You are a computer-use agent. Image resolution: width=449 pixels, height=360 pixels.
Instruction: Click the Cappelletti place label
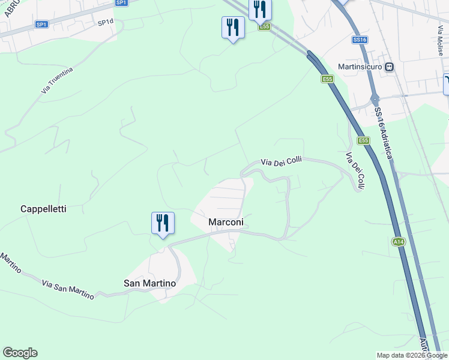[43, 209]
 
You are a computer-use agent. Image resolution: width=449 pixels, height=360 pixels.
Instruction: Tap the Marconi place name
[226, 223]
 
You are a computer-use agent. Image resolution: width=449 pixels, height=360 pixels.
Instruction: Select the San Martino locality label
[149, 283]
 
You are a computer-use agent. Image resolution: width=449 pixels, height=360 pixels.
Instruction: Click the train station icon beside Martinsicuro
[390, 67]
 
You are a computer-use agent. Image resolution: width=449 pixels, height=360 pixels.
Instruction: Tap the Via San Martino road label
[68, 289]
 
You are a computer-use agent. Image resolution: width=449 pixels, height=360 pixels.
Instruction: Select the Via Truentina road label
[57, 80]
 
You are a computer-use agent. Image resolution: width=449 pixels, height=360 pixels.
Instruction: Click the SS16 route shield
[360, 39]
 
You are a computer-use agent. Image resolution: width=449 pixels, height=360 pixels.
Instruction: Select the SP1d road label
[105, 22]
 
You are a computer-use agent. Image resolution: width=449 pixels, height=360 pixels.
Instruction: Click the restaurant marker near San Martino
[163, 223]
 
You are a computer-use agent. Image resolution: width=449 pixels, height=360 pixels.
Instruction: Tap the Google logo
[20, 353]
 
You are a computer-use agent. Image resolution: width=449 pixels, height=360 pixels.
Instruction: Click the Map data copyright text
[412, 355]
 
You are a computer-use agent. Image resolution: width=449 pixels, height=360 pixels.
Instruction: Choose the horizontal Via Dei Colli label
[281, 161]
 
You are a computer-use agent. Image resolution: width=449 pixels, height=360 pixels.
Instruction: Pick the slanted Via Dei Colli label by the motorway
[355, 172]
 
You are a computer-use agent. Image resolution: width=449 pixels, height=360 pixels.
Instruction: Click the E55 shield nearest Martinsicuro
[327, 79]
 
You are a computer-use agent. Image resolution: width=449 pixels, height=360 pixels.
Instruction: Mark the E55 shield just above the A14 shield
[363, 140]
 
